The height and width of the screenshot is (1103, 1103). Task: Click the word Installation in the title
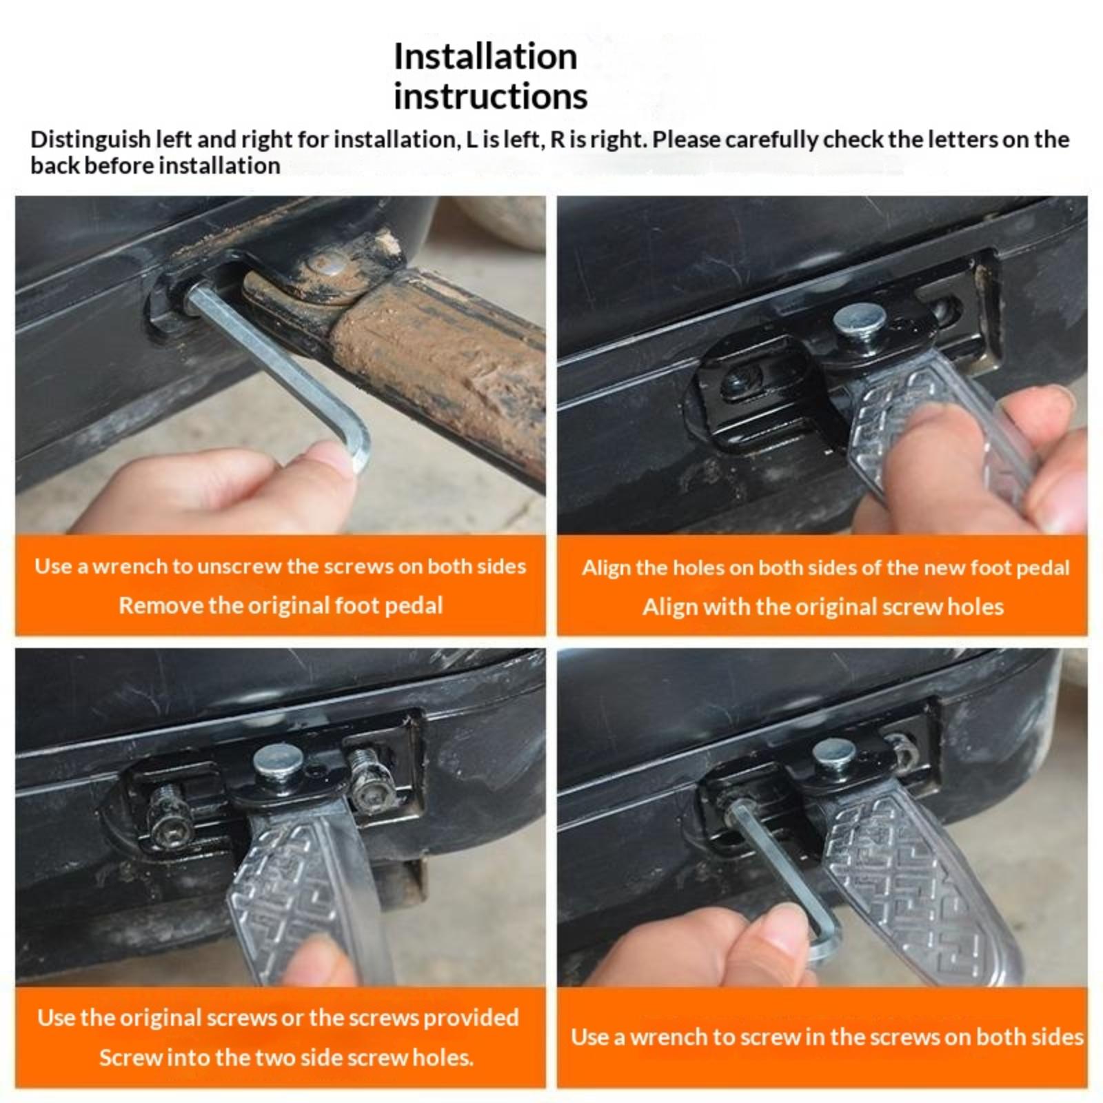point(485,56)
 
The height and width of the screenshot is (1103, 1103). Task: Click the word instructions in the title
point(490,96)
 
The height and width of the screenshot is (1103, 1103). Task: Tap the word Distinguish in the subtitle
point(90,140)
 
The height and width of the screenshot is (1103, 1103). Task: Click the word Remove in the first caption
point(161,605)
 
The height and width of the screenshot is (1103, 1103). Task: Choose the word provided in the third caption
point(471,1018)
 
